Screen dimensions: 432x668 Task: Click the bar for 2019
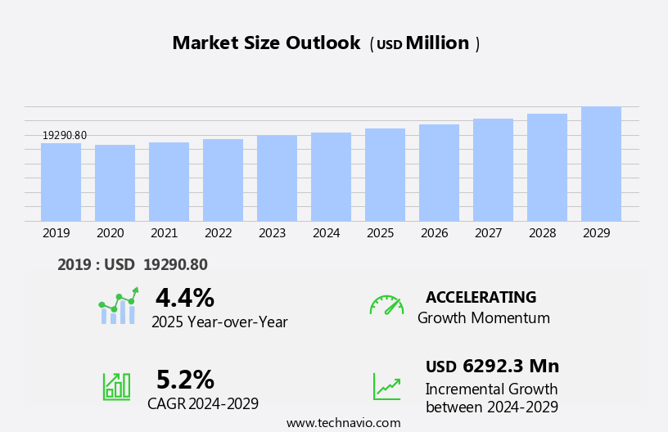61,182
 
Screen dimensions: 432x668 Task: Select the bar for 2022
223,180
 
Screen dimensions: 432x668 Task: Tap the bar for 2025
385,175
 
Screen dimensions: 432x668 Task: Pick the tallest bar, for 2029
601,164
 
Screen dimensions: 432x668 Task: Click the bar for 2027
493,170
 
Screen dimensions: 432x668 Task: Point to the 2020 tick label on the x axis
110,233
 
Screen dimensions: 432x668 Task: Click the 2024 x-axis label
326,233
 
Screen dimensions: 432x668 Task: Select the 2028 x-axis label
542,233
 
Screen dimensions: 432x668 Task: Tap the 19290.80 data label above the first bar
65,136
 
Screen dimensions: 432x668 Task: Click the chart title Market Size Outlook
266,43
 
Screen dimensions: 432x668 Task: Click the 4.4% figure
184,298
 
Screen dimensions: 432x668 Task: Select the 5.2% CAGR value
185,380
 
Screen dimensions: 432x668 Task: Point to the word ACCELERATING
481,298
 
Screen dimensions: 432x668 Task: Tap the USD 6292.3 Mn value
492,367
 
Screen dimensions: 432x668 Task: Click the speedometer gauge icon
386,305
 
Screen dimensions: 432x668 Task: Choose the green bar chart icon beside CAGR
116,386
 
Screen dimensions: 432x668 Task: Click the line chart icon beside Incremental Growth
386,386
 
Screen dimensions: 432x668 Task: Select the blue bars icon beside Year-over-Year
118,307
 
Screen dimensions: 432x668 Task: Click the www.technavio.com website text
343,423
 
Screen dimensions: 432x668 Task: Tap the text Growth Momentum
483,318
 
